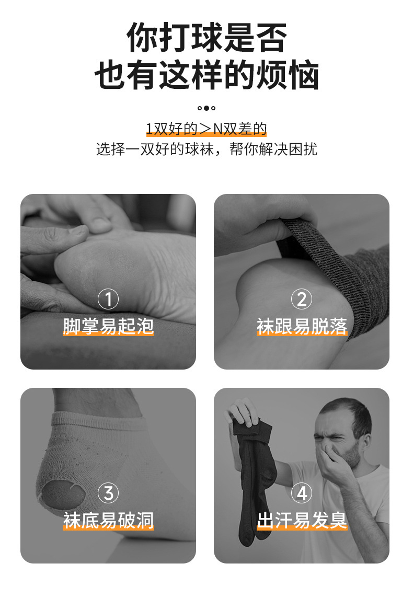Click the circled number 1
coord(108,300)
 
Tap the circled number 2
coord(302,300)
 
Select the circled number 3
coord(108,493)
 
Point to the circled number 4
coord(302,493)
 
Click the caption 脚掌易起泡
coord(108,326)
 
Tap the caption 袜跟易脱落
coord(302,326)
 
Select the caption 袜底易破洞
coord(108,520)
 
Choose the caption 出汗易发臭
coord(302,520)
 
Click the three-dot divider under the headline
coord(206,108)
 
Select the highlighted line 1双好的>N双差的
coord(206,129)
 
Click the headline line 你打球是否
coord(206,38)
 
